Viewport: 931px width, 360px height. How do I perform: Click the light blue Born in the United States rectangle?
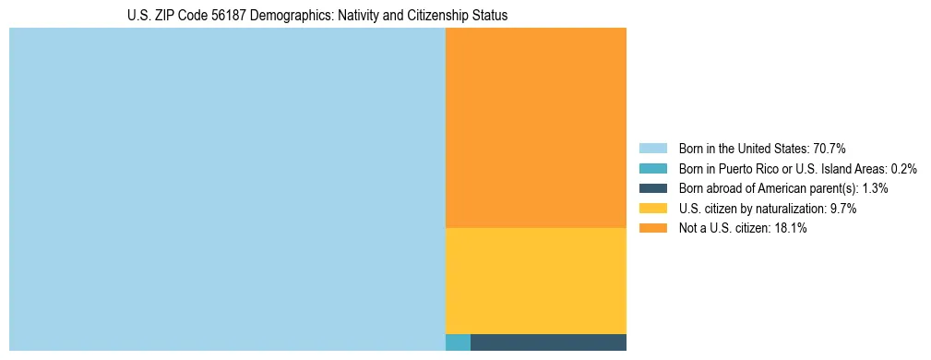tap(227, 189)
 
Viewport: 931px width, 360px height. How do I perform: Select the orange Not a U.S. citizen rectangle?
tap(535, 127)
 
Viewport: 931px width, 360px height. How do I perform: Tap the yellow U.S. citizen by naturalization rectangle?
tap(535, 281)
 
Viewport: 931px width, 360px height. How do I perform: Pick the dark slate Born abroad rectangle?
tap(548, 342)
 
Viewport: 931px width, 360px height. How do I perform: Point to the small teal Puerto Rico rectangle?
tap(458, 342)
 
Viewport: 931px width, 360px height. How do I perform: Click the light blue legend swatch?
tap(652, 148)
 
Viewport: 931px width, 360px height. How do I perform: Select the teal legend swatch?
tap(652, 168)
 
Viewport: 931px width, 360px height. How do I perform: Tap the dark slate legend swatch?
tap(652, 188)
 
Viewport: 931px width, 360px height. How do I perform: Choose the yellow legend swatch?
tap(652, 209)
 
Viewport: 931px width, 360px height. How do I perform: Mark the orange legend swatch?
tap(652, 228)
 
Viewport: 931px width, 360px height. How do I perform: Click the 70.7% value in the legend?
tap(829, 148)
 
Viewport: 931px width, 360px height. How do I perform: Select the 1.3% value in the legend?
tap(875, 188)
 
